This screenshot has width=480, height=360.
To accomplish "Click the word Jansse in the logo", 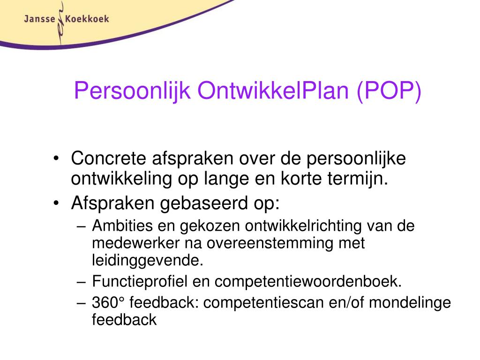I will pyautogui.click(x=39, y=19).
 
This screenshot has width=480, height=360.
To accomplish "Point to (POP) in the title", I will pyautogui.click(x=389, y=90).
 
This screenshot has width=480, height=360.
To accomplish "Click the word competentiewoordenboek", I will pyautogui.click(x=308, y=282).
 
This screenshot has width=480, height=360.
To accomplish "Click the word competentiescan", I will pyautogui.click(x=270, y=303).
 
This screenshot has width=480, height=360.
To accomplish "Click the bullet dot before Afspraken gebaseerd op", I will pyautogui.click(x=56, y=204).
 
